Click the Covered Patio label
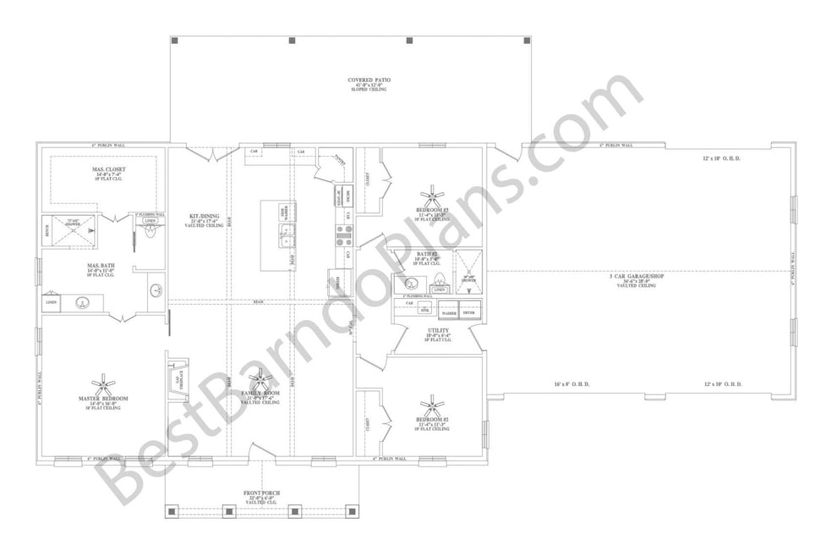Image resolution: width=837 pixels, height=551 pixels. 366,84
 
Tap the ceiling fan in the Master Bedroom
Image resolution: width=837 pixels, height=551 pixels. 108,383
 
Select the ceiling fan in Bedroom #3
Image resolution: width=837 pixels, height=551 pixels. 435,195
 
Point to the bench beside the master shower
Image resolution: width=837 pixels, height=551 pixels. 47,229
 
